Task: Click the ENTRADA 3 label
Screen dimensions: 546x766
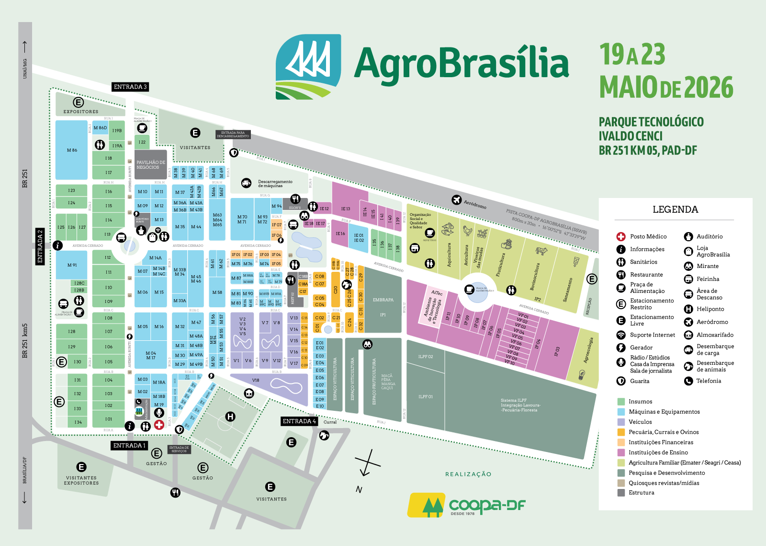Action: [130, 87]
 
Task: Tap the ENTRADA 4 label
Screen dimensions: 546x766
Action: [299, 421]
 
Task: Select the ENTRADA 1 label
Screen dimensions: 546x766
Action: [129, 445]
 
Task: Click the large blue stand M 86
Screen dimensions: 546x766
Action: [72, 150]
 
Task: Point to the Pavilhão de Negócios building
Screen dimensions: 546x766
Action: [150, 165]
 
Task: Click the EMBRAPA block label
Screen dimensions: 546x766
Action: [383, 300]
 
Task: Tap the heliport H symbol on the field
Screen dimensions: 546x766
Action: [231, 417]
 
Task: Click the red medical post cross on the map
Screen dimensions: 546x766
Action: [159, 425]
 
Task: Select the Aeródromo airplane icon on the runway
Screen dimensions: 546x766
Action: [456, 200]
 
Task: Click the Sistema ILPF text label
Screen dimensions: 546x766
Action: [520, 405]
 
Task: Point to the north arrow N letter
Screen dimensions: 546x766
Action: [359, 489]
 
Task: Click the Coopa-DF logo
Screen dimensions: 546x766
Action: [467, 505]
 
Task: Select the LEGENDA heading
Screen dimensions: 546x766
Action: [675, 209]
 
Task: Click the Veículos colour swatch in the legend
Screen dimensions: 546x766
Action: [621, 422]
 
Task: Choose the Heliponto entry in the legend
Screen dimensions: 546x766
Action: [710, 309]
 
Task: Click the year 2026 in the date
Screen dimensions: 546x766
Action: [709, 87]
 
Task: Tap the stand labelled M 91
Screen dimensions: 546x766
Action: [72, 265]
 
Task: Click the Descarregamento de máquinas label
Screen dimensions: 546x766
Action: [275, 184]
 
